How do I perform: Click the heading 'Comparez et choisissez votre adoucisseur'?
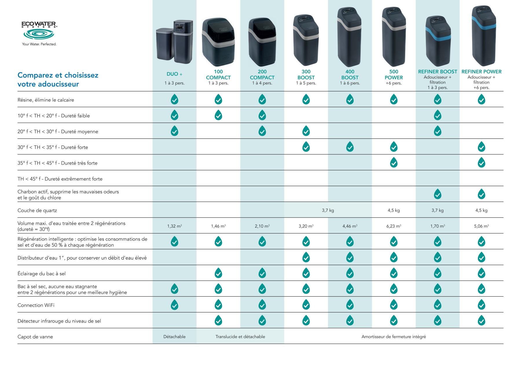(x=58, y=79)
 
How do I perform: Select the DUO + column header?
(x=174, y=74)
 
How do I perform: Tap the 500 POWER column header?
(x=394, y=75)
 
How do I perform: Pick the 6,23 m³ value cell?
(x=394, y=226)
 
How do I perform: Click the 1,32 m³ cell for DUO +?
(x=174, y=226)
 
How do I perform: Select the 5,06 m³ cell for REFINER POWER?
(x=481, y=226)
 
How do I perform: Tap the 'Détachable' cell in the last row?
(x=174, y=337)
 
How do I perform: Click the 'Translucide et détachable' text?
(x=240, y=337)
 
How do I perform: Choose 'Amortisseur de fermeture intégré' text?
(x=394, y=337)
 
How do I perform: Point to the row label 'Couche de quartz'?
(x=37, y=210)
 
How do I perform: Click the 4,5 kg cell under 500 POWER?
(x=394, y=210)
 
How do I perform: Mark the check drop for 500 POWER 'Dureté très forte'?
(x=394, y=163)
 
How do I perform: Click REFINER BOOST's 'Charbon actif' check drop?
(x=437, y=194)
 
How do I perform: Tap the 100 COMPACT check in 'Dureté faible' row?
(x=218, y=115)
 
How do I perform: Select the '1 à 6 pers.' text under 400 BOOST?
(x=350, y=83)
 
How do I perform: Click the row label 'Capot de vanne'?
(x=35, y=337)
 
